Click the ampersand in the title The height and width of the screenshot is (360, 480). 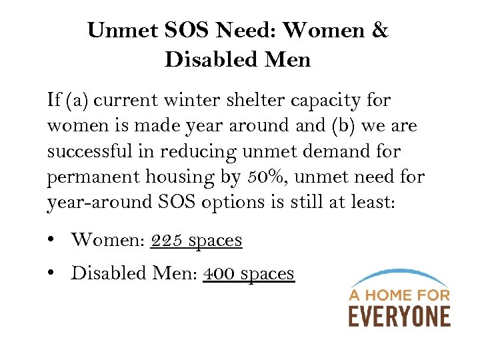pos(380,31)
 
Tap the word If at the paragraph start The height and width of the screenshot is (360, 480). pos(55,101)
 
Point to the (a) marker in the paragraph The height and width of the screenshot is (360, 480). pos(79,101)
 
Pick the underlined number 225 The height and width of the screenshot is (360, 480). pos(167,240)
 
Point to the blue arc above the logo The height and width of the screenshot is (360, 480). pos(399,275)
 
